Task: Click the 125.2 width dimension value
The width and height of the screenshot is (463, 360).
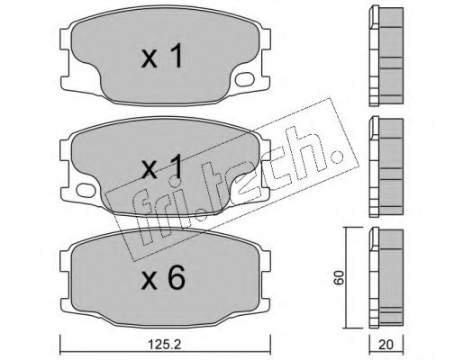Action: click(x=166, y=345)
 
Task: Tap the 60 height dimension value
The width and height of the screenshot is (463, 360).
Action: click(x=340, y=277)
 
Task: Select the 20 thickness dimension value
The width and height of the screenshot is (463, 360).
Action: click(x=386, y=345)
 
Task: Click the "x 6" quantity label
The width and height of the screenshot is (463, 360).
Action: click(x=163, y=278)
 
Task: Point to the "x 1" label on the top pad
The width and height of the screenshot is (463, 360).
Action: click(x=162, y=56)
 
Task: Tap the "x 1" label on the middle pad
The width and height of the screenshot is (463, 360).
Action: click(x=162, y=166)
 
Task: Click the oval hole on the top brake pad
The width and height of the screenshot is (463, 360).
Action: click(x=245, y=79)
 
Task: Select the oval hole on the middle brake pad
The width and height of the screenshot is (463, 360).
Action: click(x=86, y=190)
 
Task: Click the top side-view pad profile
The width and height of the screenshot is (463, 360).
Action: click(x=386, y=57)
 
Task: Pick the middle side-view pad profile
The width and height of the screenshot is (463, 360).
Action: click(x=386, y=166)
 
